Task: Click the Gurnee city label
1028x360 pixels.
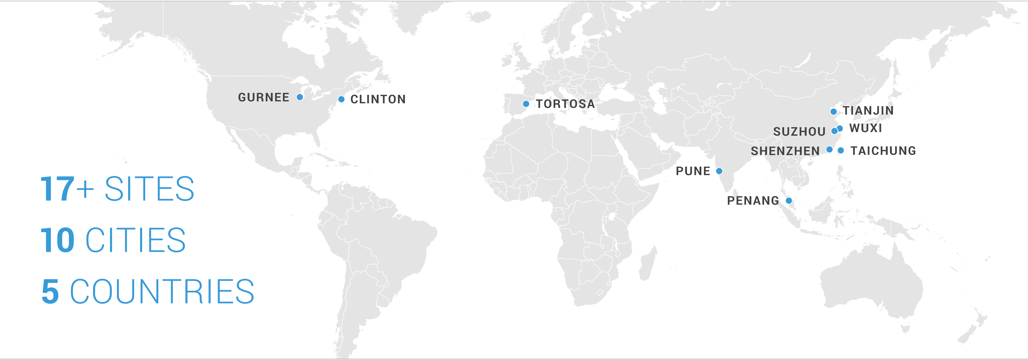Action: [263, 97]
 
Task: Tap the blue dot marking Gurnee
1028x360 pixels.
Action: [300, 97]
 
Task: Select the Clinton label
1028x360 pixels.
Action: [378, 99]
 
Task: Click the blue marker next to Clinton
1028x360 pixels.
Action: [341, 99]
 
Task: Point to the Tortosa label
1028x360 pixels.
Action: [565, 104]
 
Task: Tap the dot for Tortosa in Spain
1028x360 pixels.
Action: [526, 104]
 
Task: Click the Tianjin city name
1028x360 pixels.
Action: [868, 110]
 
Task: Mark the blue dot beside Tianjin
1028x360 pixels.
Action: [833, 111]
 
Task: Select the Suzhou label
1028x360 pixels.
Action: [799, 132]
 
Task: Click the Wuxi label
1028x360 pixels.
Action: [865, 128]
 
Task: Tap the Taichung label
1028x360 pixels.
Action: [883, 151]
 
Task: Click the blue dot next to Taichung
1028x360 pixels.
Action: [841, 151]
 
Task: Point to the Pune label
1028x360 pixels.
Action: [693, 171]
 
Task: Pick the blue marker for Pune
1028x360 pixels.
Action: [719, 171]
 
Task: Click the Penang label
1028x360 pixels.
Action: [753, 201]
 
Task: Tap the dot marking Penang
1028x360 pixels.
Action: [788, 200]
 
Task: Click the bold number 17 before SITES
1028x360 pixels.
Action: [57, 189]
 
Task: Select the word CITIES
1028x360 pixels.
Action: [136, 240]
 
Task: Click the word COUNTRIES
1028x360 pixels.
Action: [162, 292]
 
